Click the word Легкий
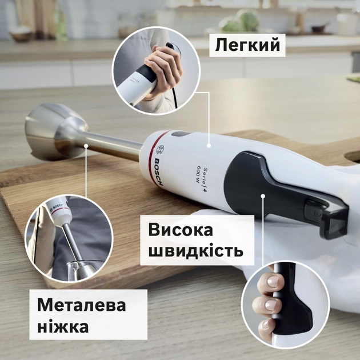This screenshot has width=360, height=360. (248, 45)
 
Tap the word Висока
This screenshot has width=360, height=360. (181, 231)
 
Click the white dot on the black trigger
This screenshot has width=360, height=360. (263, 196)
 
